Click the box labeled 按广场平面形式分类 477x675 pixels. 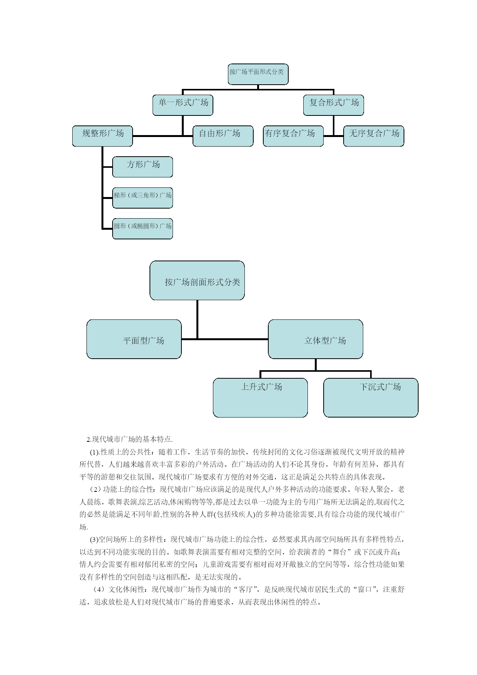(258, 74)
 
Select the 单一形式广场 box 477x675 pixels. (183, 105)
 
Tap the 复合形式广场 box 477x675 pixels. (333, 105)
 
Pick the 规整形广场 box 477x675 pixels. (102, 136)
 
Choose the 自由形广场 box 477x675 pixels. (223, 136)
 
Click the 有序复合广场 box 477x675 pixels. (293, 136)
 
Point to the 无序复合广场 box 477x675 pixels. (374, 136)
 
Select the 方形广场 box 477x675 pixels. (143, 167)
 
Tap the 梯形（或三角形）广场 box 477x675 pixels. (143, 198)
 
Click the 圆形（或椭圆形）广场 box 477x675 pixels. (143, 229)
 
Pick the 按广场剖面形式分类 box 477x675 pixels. (197, 281)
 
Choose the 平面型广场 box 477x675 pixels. (134, 339)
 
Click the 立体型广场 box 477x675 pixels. (316, 339)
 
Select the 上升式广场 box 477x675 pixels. (260, 398)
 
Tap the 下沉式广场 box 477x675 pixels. (371, 398)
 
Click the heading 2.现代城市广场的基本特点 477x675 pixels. (130, 439)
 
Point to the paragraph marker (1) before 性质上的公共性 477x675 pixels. (95, 452)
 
